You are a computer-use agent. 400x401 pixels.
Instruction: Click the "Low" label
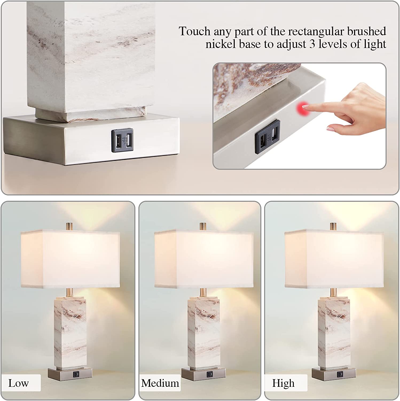point(18,383)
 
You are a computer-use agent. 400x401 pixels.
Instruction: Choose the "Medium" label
point(160,383)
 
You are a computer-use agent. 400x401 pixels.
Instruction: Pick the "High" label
point(283,383)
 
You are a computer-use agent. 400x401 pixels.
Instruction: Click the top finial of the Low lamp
point(69,225)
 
